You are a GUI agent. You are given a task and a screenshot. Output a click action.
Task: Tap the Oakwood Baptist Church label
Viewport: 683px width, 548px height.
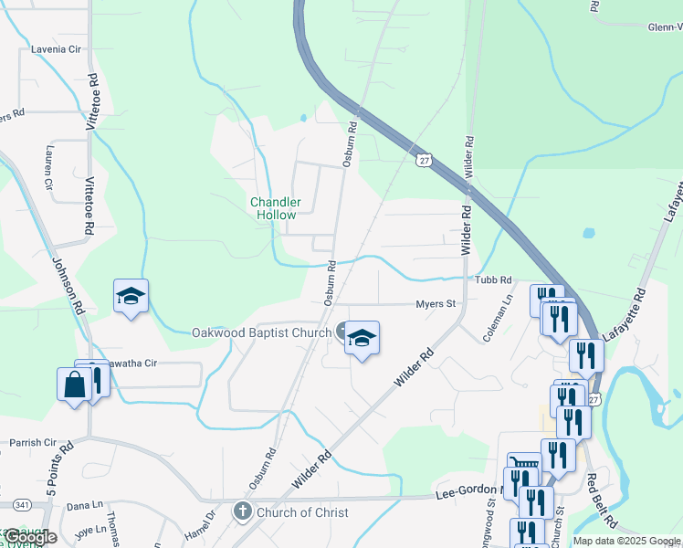[261, 333]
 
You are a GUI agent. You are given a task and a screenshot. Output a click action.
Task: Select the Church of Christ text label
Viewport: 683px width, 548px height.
[302, 512]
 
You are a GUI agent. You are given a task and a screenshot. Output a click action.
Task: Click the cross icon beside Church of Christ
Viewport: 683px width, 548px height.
[242, 511]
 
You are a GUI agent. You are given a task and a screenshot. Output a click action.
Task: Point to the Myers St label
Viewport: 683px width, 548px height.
[436, 304]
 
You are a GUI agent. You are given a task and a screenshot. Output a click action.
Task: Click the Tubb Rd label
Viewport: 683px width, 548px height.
[493, 280]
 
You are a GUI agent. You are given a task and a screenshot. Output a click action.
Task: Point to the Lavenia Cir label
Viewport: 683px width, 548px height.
[57, 49]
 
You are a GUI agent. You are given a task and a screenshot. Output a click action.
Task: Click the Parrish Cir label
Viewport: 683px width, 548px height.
[33, 443]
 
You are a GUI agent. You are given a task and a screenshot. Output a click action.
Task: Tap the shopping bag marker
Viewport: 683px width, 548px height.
[74, 385]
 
